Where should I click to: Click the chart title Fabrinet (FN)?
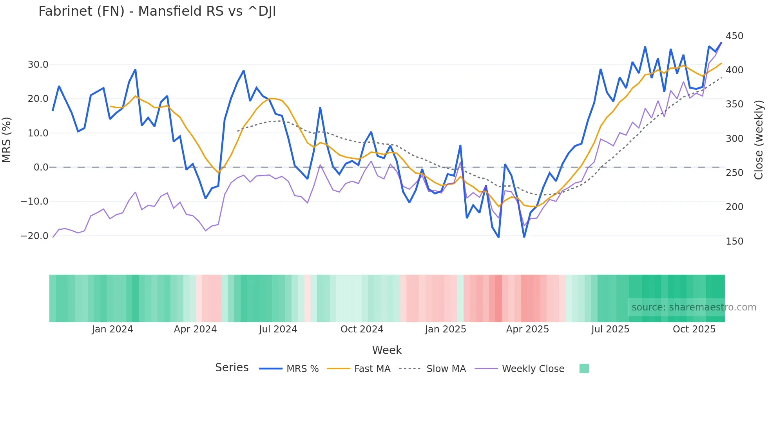coord(157,11)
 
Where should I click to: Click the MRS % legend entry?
coord(302,369)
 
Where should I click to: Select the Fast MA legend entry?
coord(372,369)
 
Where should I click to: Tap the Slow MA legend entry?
coord(446,369)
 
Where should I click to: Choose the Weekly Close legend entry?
coord(533,369)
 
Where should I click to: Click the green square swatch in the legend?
coord(584,368)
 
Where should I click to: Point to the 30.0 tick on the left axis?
coord(38,65)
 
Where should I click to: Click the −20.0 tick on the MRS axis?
coord(34,236)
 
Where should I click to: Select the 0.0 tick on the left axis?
coord(41,167)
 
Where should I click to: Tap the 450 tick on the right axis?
coord(734,36)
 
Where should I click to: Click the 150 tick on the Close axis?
coord(734,241)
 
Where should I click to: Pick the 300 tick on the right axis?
coord(734,139)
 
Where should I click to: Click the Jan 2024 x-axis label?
coord(112,329)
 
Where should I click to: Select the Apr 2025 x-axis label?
coord(527,329)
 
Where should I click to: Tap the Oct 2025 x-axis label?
coord(694,329)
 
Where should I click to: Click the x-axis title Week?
coord(387,350)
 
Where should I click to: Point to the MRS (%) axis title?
coord(7,140)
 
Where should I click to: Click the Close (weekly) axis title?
coord(759,140)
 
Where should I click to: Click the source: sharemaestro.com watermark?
coord(694,307)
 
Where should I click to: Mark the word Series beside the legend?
coord(232,368)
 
